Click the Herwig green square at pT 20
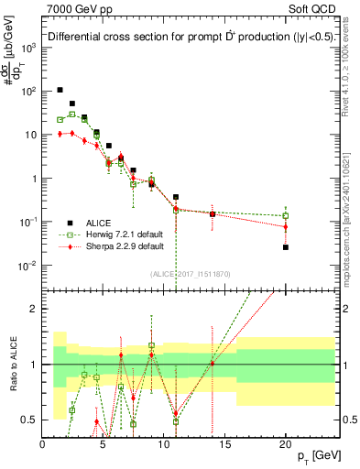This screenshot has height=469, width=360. pos(286,216)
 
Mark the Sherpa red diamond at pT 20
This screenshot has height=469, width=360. pos(286,226)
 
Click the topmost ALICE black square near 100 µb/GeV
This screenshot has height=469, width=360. pos(60,90)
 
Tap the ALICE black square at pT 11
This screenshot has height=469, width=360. pos(176,197)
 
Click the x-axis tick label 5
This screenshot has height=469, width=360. pos(103,444)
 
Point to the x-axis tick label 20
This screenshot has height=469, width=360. pos(286,444)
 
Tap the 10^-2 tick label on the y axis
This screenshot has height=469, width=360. pos(27,266)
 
